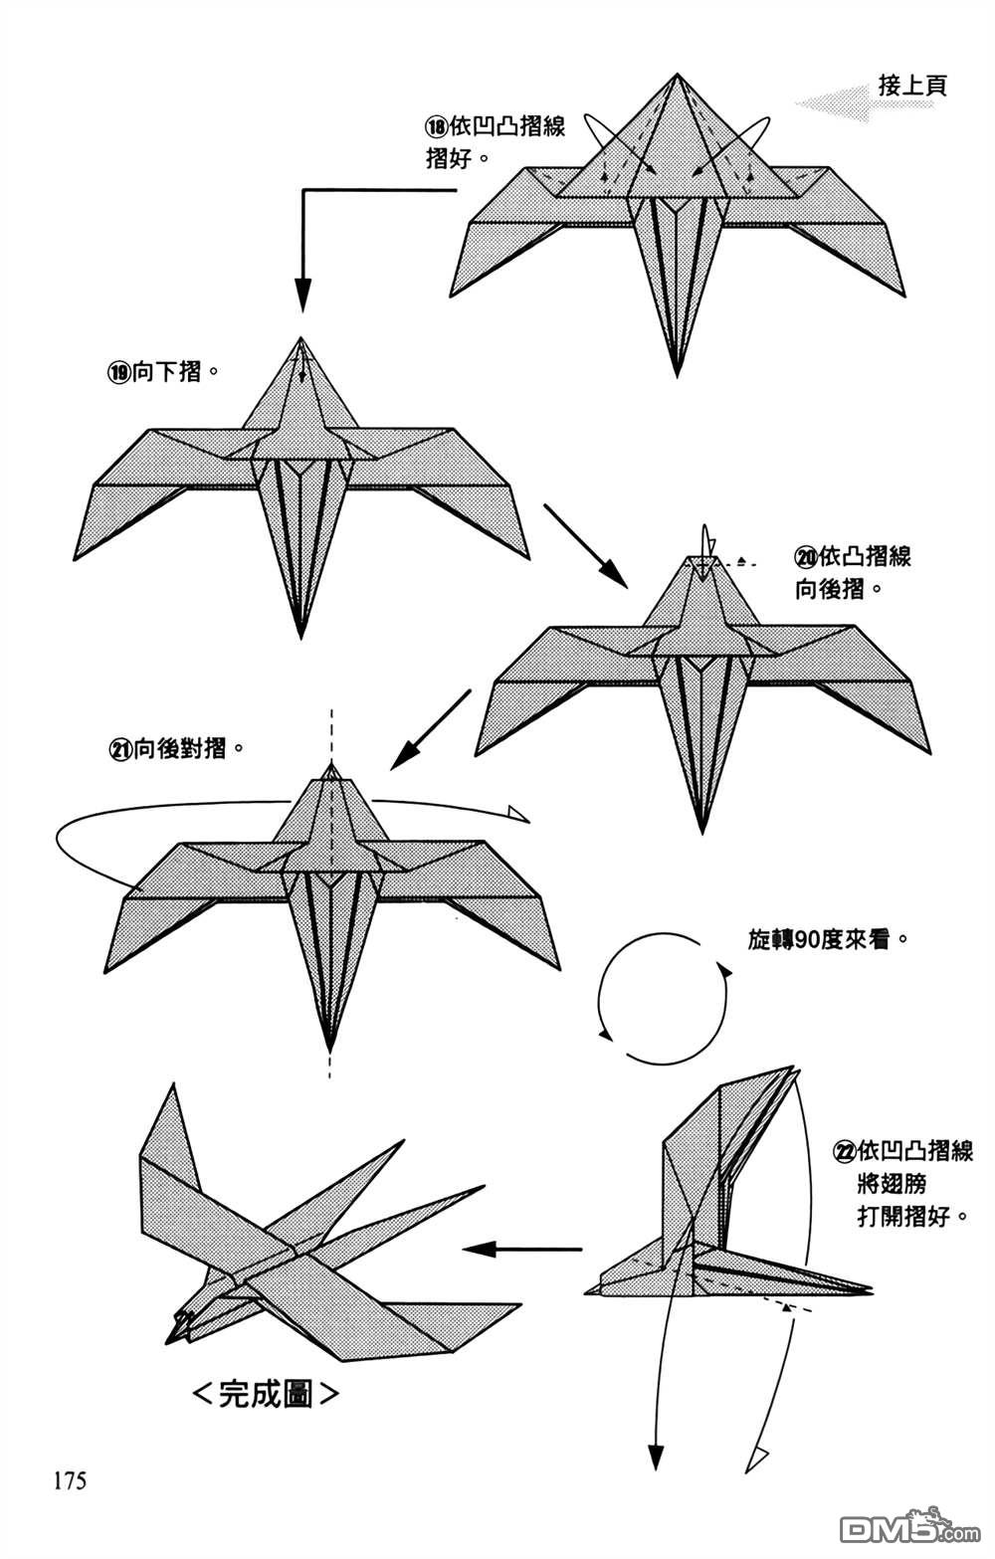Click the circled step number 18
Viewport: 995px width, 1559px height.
437,127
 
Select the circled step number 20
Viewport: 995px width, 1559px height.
806,557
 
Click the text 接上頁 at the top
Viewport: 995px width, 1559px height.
912,87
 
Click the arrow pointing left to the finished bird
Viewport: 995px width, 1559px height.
522,1249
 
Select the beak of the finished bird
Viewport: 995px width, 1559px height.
179,1327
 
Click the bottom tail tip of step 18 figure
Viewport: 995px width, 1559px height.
678,374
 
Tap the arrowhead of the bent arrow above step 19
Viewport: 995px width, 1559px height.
303,295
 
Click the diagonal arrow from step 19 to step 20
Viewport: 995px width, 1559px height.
585,545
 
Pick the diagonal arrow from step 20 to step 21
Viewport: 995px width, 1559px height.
430,730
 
